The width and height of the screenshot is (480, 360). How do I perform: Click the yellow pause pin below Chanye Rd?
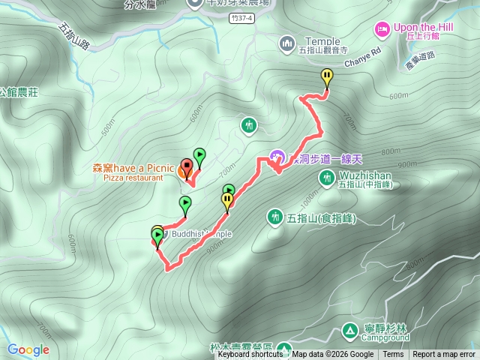click(327, 76)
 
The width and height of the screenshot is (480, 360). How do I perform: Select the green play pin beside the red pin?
click(199, 156)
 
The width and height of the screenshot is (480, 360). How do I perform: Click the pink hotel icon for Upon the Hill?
click(382, 28)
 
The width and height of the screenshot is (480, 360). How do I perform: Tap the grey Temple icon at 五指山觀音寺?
click(287, 45)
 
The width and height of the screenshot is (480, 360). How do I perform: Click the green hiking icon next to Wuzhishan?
click(327, 177)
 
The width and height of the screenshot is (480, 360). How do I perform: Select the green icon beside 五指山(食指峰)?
click(275, 217)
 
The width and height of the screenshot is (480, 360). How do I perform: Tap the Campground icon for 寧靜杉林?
click(349, 330)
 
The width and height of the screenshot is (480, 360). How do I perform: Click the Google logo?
click(28, 349)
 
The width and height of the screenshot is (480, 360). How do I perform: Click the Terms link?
click(393, 355)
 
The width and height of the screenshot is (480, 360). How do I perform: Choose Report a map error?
click(444, 355)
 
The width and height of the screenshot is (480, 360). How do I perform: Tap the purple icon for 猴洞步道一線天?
click(277, 157)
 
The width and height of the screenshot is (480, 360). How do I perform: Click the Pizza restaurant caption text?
click(133, 178)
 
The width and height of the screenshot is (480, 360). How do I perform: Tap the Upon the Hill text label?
click(425, 27)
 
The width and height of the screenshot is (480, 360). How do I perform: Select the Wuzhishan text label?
click(365, 172)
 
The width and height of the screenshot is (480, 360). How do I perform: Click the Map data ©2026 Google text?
click(333, 355)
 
